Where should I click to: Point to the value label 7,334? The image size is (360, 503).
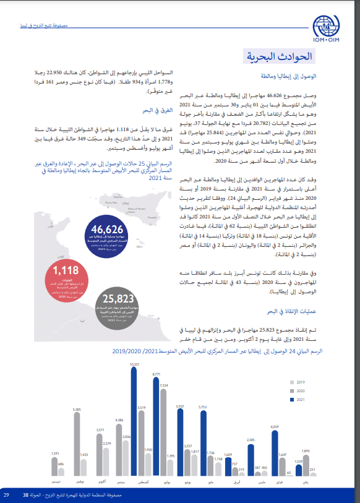pos(163,385)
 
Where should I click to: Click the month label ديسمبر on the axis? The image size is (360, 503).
pos(56,481)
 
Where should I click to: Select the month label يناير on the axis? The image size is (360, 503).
pos(305,481)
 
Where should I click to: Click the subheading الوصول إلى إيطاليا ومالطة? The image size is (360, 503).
pos(291,77)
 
